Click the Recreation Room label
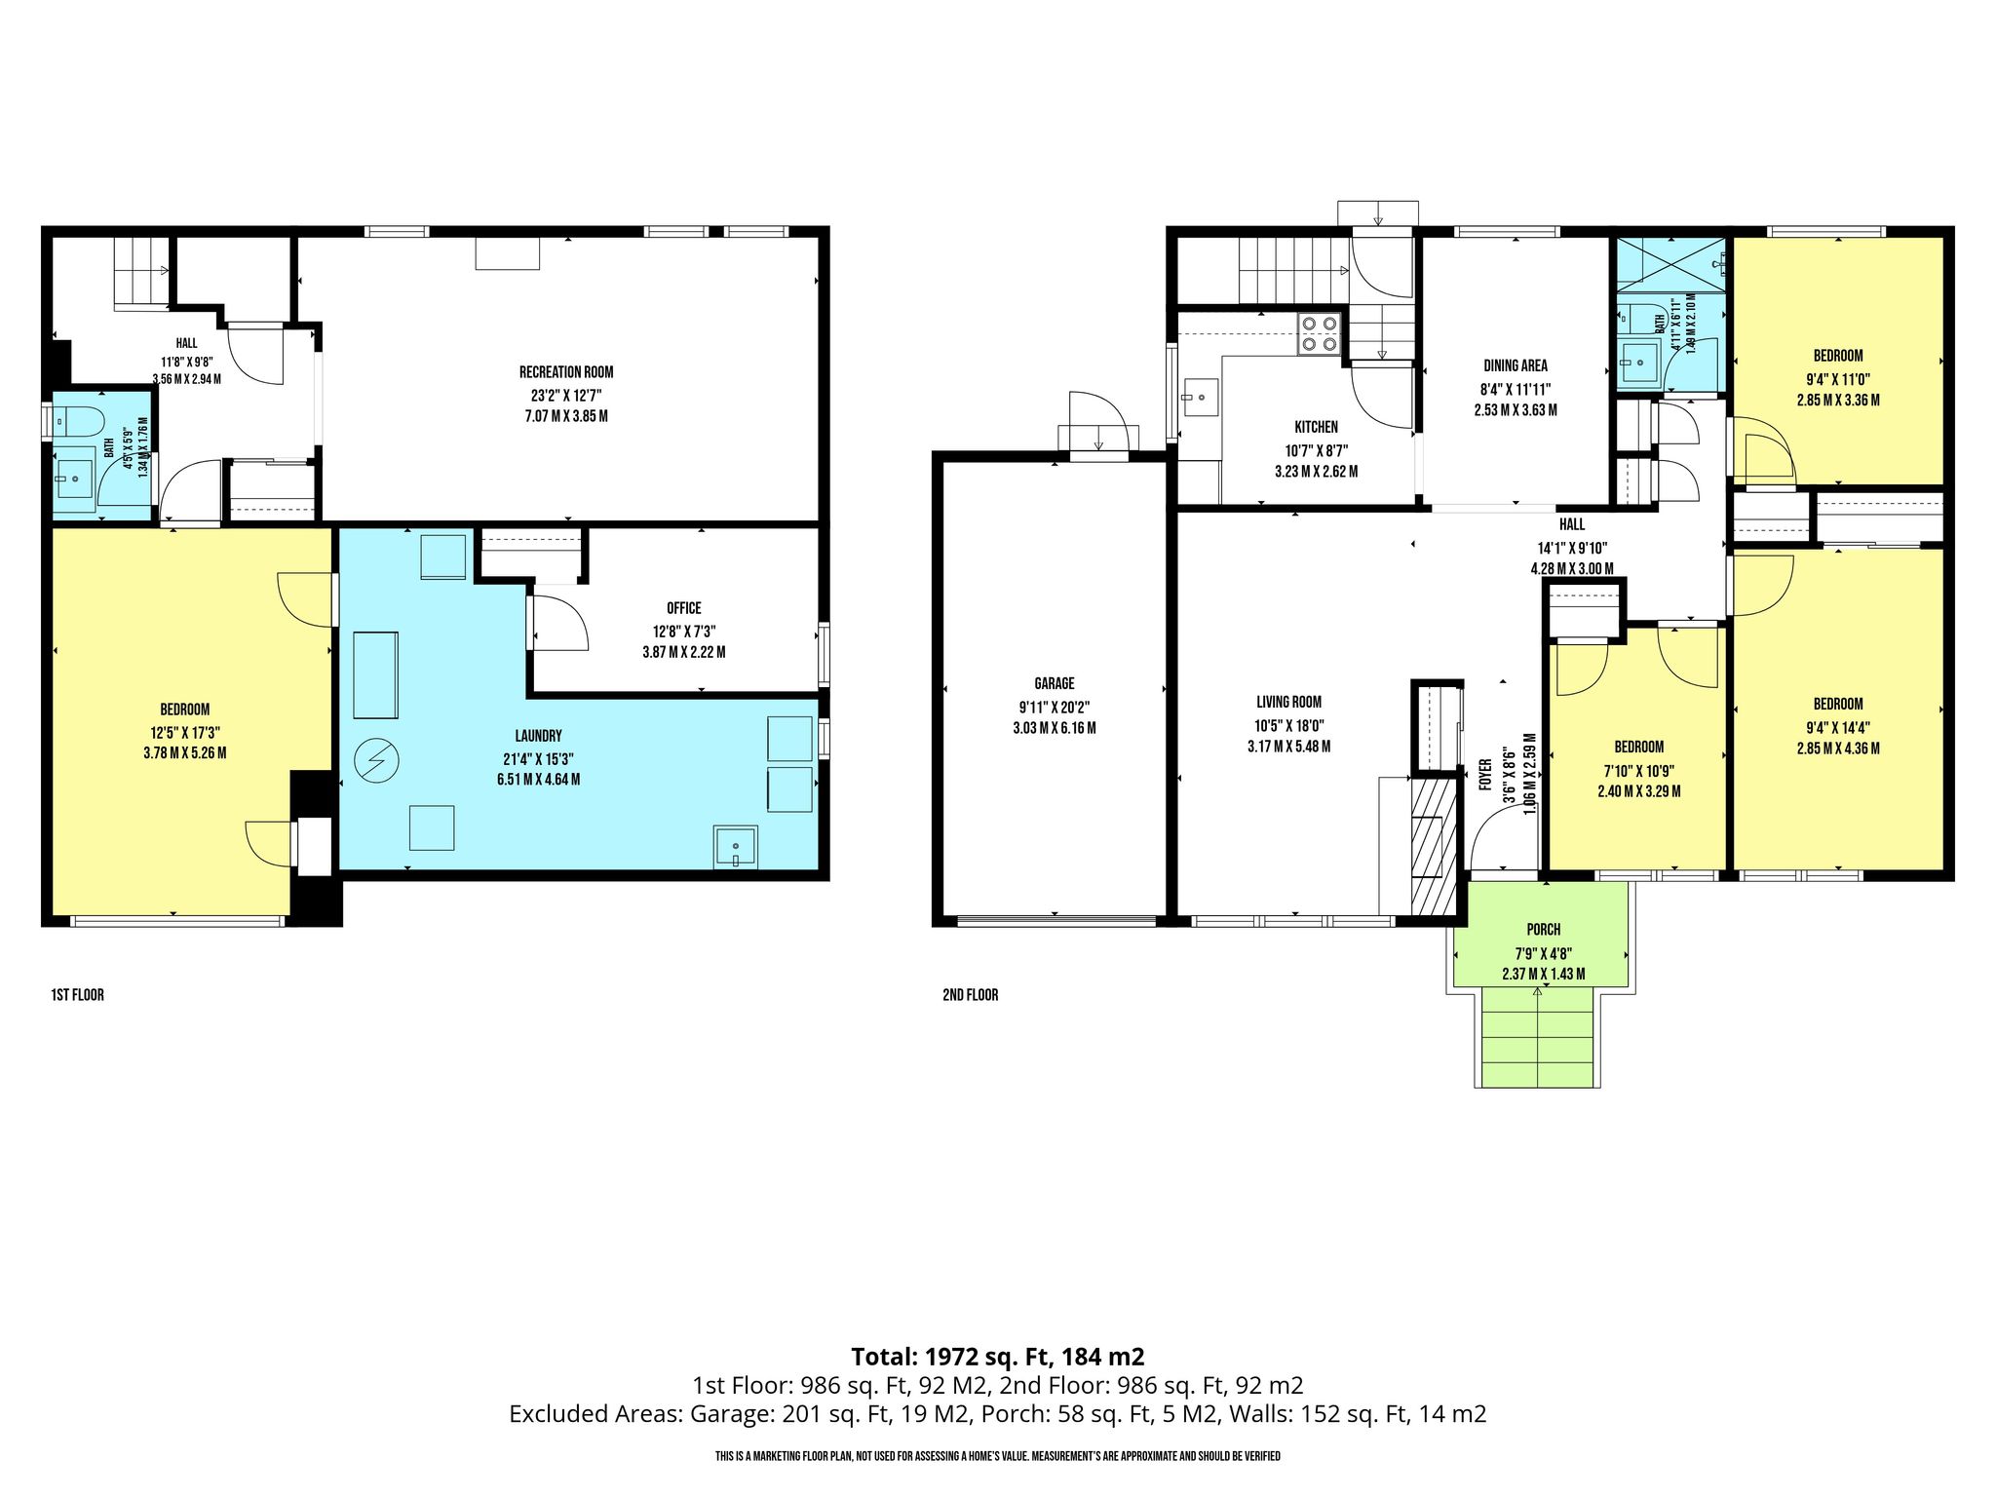pyautogui.click(x=566, y=372)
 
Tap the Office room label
pyautogui.click(x=684, y=608)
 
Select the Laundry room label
pyautogui.click(x=538, y=736)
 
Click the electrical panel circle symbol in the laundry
pyautogui.click(x=374, y=760)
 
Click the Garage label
pyautogui.click(x=1055, y=684)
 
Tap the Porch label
pyautogui.click(x=1544, y=930)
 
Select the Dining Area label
pyautogui.click(x=1516, y=365)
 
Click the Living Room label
pyautogui.click(x=1288, y=702)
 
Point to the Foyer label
pyautogui.click(x=1486, y=776)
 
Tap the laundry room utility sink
pyautogui.click(x=736, y=845)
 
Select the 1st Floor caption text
pyautogui.click(x=77, y=995)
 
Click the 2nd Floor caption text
pyautogui.click(x=971, y=995)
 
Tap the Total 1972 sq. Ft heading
pyautogui.click(x=998, y=1357)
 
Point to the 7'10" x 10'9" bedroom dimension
pyautogui.click(x=1639, y=769)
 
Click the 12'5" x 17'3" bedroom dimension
pyautogui.click(x=185, y=732)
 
